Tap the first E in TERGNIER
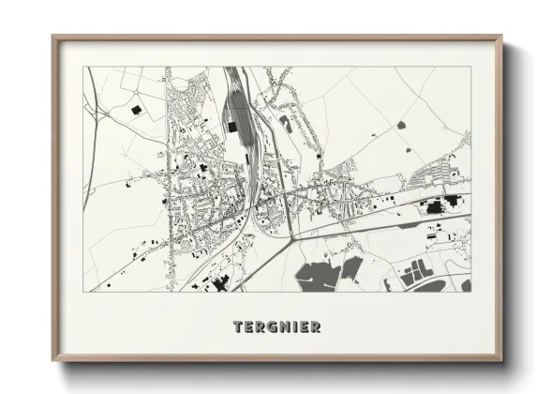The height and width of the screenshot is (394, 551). [246, 327]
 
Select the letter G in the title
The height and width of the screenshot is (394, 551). [271, 327]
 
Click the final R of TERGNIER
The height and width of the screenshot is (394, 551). [317, 327]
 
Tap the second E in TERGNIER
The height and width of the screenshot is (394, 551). [305, 327]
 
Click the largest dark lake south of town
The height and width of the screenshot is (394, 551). [317, 274]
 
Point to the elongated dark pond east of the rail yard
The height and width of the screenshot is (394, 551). [285, 123]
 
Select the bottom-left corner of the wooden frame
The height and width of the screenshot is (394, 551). [53, 359]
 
